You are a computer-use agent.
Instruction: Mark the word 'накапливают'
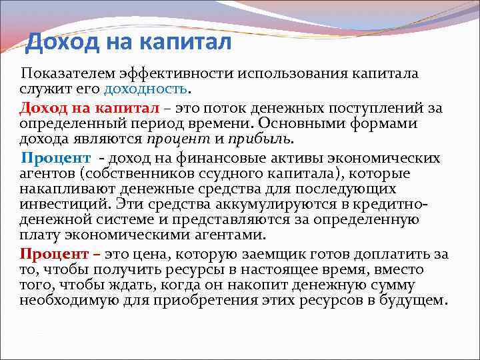point(65,189)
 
